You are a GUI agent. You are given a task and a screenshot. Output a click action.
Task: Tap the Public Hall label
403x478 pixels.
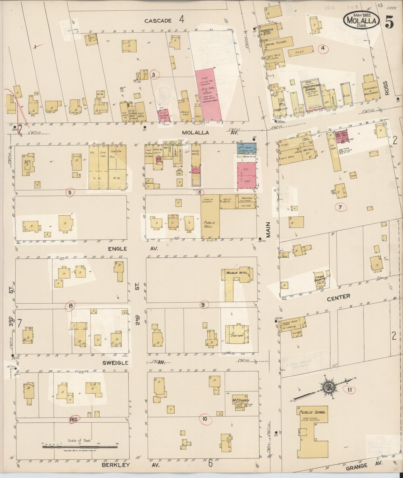(x=208, y=224)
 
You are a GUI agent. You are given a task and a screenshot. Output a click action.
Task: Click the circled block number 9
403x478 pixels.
(x=203, y=305)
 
